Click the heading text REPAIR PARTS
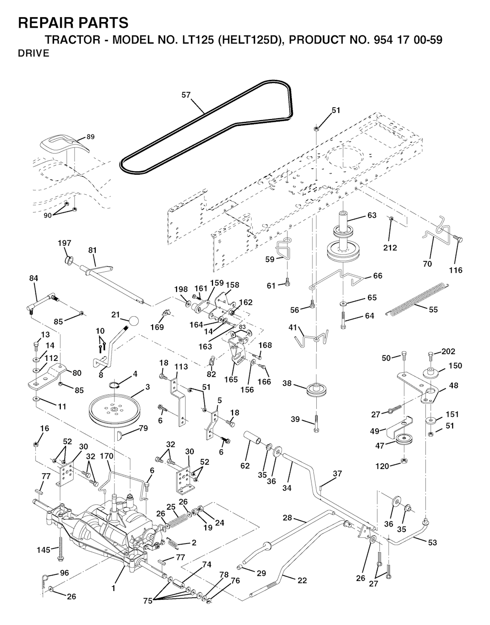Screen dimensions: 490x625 73,22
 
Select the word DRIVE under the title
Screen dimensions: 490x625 33,53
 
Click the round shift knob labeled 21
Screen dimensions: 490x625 133,321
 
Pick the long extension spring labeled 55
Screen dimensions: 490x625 418,298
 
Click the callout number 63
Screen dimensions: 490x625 372,215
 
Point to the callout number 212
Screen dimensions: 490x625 390,247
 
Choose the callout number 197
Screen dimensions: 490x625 64,243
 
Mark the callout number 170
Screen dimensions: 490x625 107,456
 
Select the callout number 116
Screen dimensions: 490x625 456,270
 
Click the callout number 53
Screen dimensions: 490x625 432,543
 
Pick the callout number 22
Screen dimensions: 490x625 302,580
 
